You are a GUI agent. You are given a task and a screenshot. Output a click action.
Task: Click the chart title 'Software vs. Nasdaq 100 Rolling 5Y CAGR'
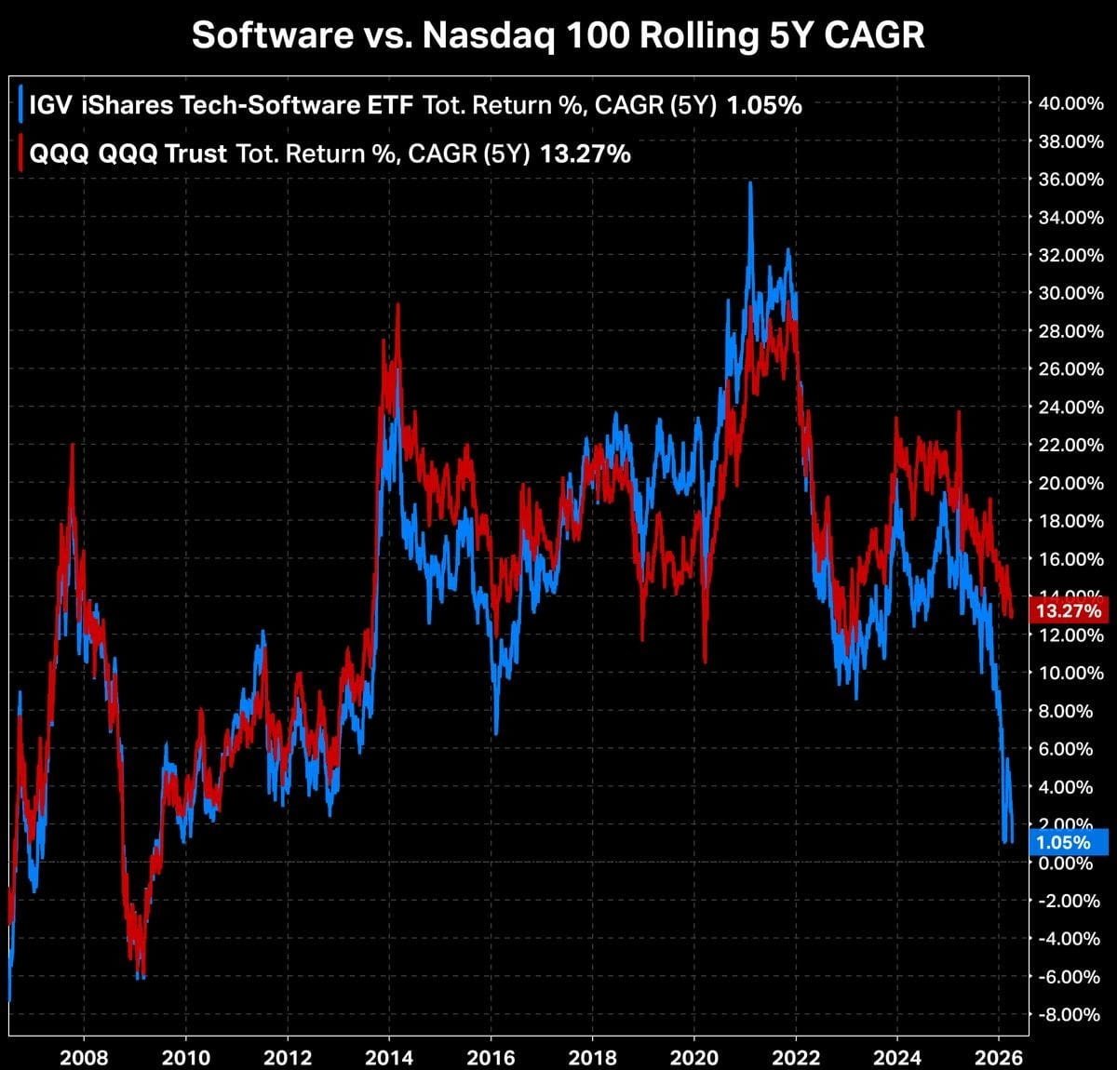coord(558,35)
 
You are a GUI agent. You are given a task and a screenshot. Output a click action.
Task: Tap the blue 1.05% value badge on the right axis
coord(1069,843)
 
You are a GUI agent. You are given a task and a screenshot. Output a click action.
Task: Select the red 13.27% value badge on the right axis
coord(1069,611)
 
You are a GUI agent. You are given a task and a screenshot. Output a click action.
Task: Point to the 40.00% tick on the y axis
coord(1070,103)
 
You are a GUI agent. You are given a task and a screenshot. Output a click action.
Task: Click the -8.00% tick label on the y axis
coord(1070,1014)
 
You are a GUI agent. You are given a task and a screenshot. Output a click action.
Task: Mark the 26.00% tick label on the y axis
coord(1070,369)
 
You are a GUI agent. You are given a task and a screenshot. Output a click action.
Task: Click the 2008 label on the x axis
coord(84,1057)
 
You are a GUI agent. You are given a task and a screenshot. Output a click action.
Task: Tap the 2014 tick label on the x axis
coord(389,1057)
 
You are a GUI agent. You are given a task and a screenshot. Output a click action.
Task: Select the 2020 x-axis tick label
coord(694,1057)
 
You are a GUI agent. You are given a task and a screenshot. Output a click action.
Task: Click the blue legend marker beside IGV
coord(20,105)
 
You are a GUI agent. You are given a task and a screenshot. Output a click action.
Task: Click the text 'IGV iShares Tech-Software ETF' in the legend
coord(222,105)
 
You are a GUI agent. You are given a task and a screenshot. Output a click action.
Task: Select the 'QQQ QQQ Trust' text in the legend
coord(128,154)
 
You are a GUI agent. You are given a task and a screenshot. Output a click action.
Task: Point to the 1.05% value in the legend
coord(763,105)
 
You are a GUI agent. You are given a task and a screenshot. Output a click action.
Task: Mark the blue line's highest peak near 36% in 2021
coord(750,184)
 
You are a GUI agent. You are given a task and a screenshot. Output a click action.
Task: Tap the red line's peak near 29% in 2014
coord(397,305)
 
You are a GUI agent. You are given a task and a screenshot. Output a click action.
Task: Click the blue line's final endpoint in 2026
coord(1012,839)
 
